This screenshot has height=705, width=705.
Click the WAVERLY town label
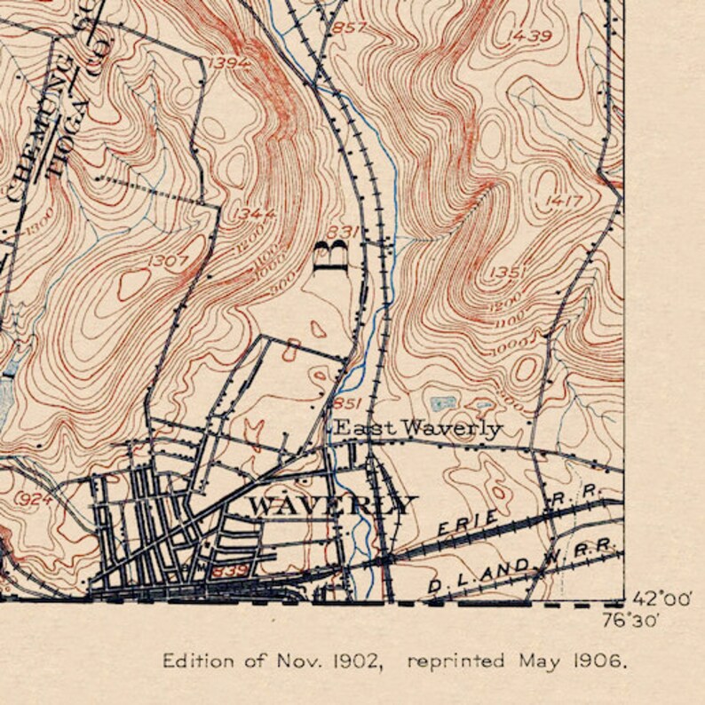(x=331, y=506)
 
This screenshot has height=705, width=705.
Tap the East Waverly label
(x=416, y=429)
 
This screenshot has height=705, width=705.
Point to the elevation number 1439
(x=530, y=36)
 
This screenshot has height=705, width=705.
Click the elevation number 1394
(x=231, y=62)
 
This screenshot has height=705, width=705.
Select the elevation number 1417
(x=566, y=201)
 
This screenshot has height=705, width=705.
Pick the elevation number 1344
(x=256, y=214)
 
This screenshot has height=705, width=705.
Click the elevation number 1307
(x=168, y=261)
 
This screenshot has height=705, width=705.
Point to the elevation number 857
(x=348, y=28)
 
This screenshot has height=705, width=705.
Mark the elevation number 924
(x=36, y=499)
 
